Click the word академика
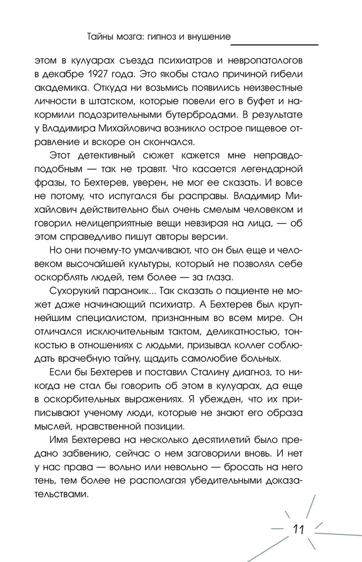[60, 88]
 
